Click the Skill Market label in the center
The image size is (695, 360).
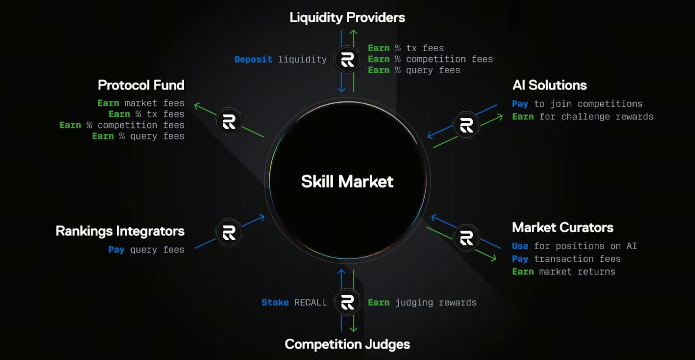tap(347, 182)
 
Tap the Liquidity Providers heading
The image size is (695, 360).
tap(347, 17)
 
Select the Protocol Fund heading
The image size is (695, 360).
tap(141, 85)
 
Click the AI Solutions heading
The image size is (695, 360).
tap(549, 85)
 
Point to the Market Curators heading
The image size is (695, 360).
tap(563, 228)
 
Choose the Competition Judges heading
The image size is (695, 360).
tap(347, 344)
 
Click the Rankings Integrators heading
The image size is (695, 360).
tap(120, 231)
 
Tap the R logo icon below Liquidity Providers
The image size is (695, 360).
tap(347, 59)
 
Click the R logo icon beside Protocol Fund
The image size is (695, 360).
tap(229, 122)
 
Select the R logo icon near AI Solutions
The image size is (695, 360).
tap(466, 125)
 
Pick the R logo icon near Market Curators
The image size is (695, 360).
tap(466, 238)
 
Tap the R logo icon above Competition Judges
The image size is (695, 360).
tap(347, 302)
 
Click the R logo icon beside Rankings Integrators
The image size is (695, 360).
tap(229, 233)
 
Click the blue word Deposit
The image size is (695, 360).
tap(253, 59)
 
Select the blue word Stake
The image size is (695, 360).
tap(275, 302)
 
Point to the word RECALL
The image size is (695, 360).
tap(310, 302)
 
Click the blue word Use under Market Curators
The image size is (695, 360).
tap(520, 246)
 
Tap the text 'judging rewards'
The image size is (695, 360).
tap(436, 302)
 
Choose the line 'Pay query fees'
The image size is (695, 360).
tap(146, 250)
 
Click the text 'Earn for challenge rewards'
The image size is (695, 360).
tap(582, 117)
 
